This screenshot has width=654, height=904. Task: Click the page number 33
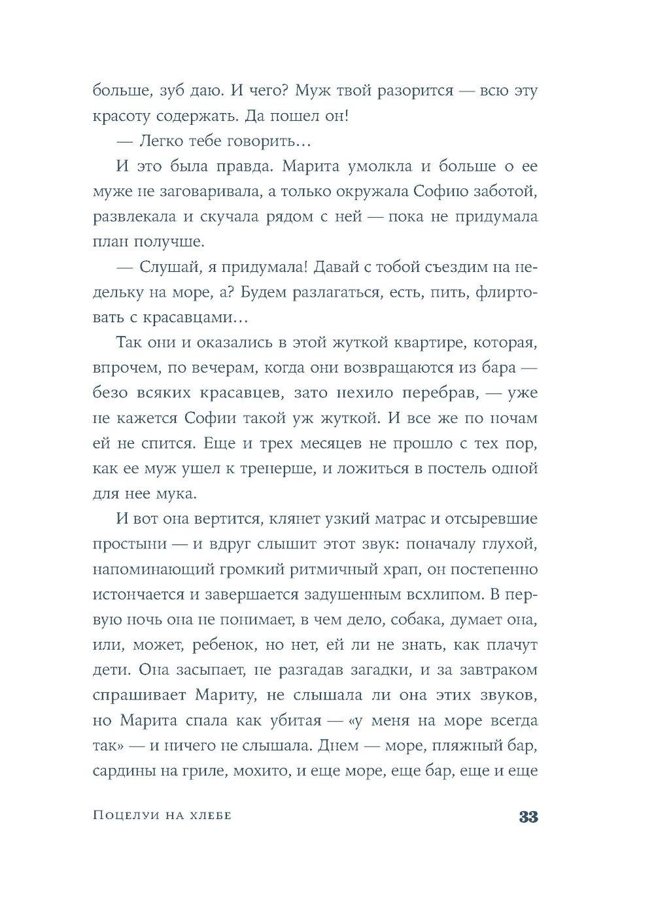click(528, 816)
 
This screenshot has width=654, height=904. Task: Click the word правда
click(243, 166)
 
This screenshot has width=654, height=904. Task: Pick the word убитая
click(292, 720)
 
